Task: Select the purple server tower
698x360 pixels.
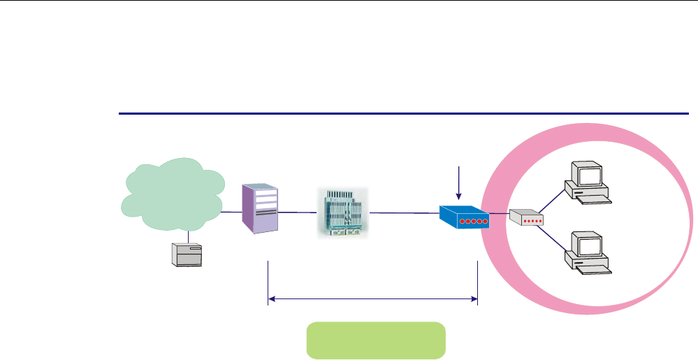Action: [261, 208]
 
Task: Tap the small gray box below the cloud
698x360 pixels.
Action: [187, 254]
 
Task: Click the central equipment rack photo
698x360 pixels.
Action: [342, 213]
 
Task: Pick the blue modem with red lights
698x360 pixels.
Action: [463, 218]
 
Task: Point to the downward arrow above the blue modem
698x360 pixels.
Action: [458, 182]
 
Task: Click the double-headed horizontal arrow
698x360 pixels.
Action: [372, 300]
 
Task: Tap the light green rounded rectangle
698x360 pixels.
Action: [375, 340]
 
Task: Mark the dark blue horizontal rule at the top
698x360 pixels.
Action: [404, 113]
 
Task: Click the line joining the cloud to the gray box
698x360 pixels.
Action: [187, 236]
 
